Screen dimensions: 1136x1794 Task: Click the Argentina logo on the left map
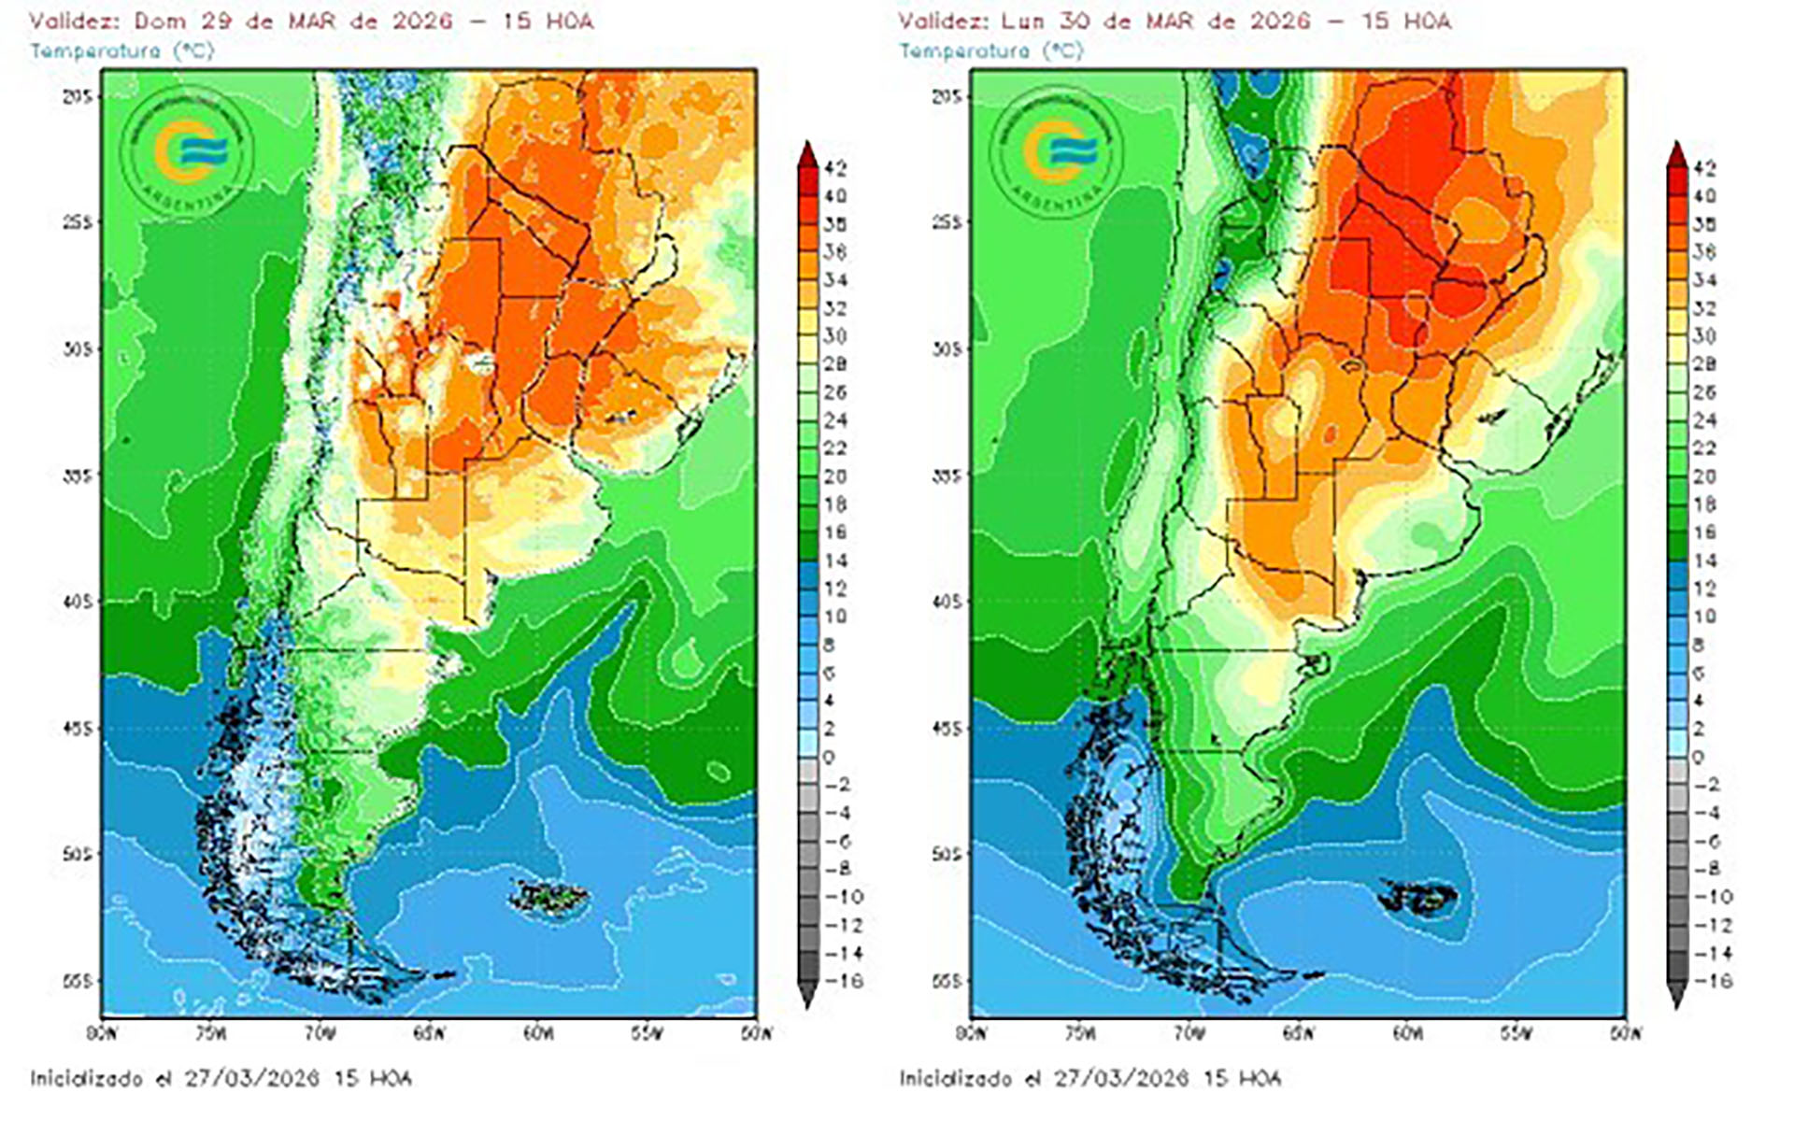point(190,152)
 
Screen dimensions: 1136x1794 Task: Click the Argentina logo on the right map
point(1059,152)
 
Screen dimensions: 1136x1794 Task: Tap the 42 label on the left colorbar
point(835,168)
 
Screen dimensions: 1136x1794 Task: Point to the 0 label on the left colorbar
point(829,757)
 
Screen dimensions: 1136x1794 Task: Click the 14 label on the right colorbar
point(1703,561)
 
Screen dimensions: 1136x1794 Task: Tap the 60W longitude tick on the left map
point(537,1033)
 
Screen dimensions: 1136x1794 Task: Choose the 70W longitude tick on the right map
point(1188,1033)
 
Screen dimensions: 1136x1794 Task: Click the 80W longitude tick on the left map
point(102,1033)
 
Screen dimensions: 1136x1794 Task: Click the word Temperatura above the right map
point(964,50)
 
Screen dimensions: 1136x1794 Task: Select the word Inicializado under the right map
point(955,1078)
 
